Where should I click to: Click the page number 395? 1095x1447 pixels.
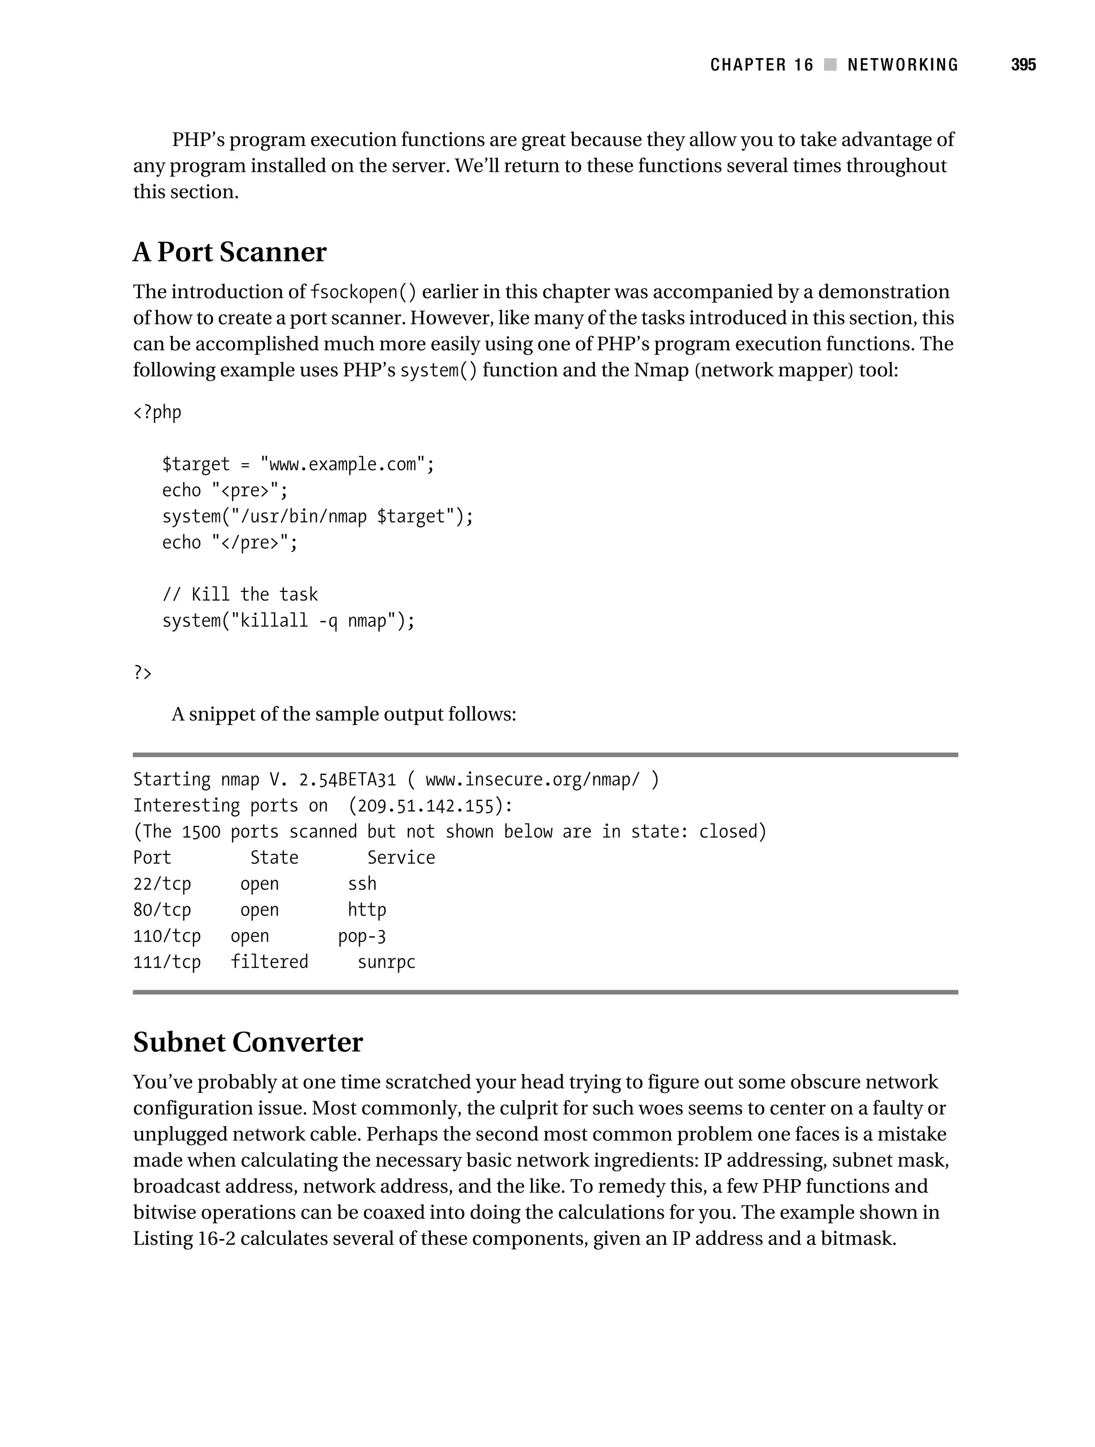1023,65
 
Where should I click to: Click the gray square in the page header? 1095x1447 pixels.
830,65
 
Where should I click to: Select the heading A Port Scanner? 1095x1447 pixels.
229,252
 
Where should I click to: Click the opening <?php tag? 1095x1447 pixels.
157,412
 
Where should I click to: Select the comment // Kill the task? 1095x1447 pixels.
240,595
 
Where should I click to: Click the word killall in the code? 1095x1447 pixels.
273,621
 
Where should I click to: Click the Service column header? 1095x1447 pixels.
400,858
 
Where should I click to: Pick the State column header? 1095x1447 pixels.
274,858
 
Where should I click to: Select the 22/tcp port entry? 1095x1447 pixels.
161,884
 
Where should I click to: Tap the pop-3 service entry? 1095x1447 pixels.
362,936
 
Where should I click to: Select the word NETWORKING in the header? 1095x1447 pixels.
902,65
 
